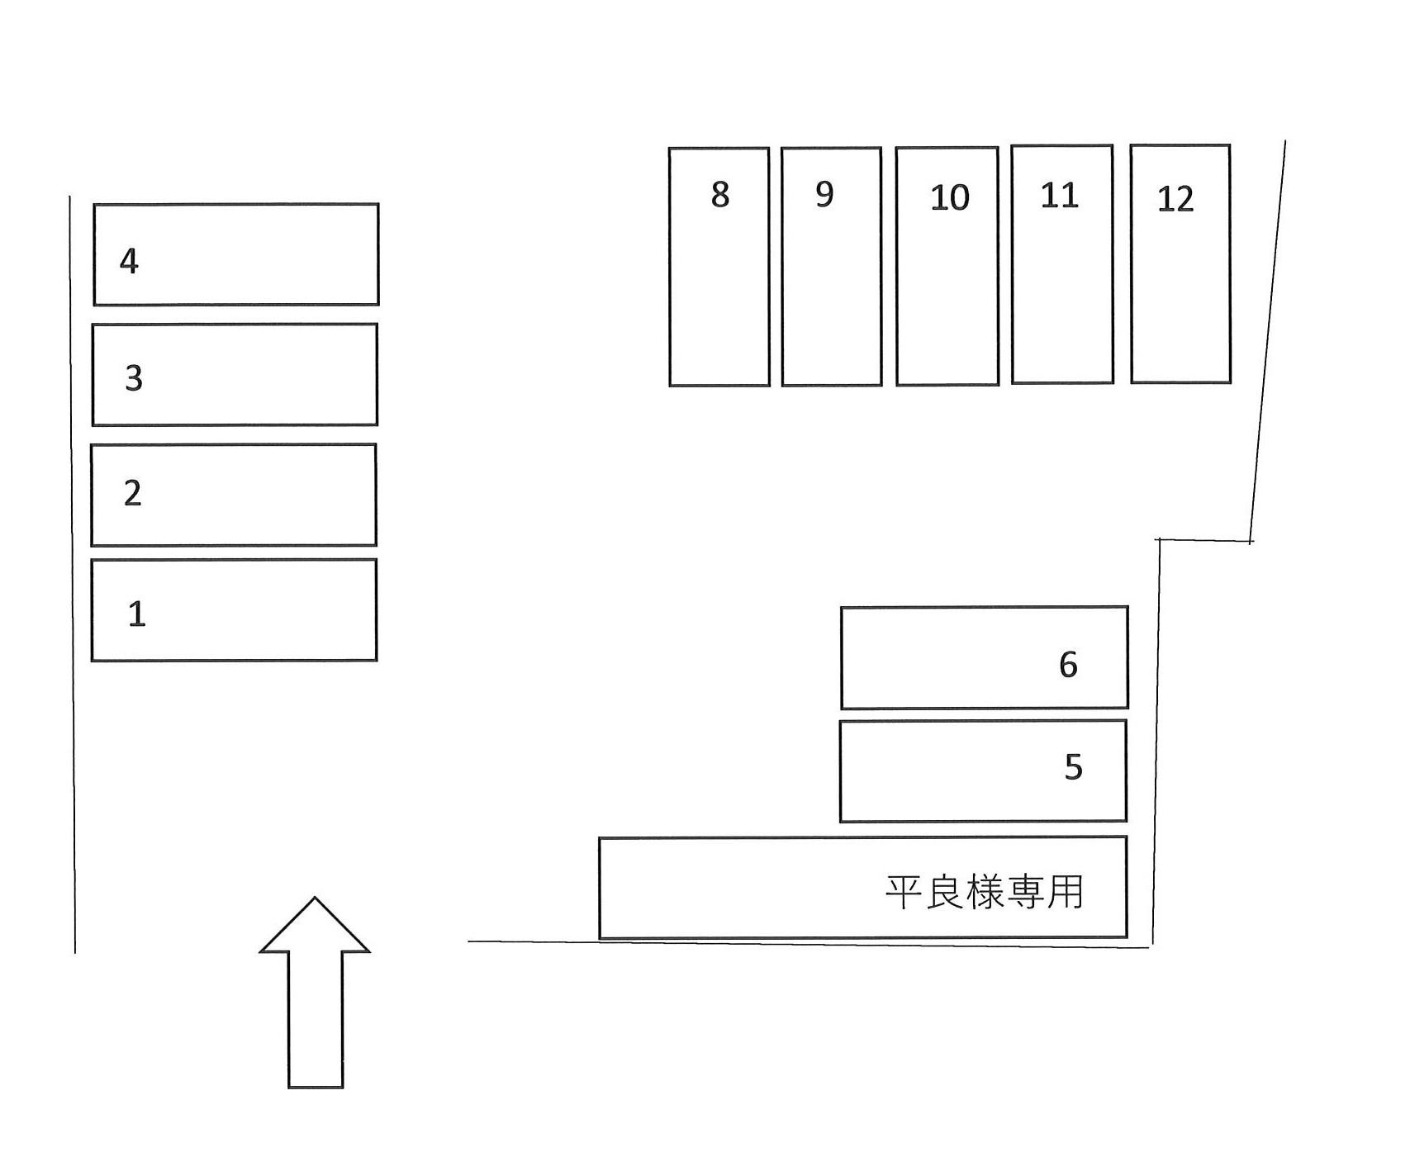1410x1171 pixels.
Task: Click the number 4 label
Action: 129,261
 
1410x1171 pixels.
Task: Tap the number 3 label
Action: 134,377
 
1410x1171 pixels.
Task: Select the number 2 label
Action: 132,493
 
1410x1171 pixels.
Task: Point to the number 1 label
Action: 137,614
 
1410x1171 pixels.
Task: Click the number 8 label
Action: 720,195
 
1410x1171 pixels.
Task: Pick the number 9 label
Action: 824,194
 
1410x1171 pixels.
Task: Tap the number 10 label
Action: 949,198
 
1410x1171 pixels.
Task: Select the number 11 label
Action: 1060,196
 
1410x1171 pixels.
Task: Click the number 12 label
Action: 1175,200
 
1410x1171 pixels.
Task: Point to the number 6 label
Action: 1068,665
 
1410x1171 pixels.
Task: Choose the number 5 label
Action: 1073,767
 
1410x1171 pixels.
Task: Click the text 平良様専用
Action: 984,892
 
